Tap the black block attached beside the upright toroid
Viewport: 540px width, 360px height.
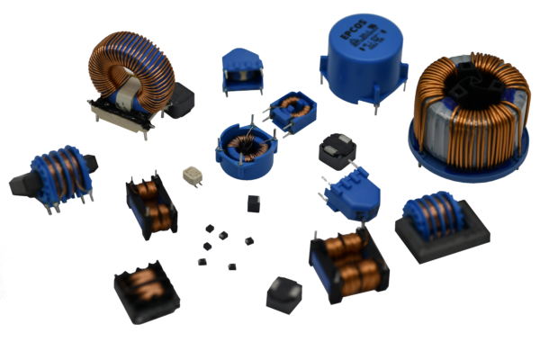point(182,98)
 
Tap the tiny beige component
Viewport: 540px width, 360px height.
point(190,175)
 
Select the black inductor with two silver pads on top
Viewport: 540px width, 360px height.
point(338,148)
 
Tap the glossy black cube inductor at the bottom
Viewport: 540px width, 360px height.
point(284,294)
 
